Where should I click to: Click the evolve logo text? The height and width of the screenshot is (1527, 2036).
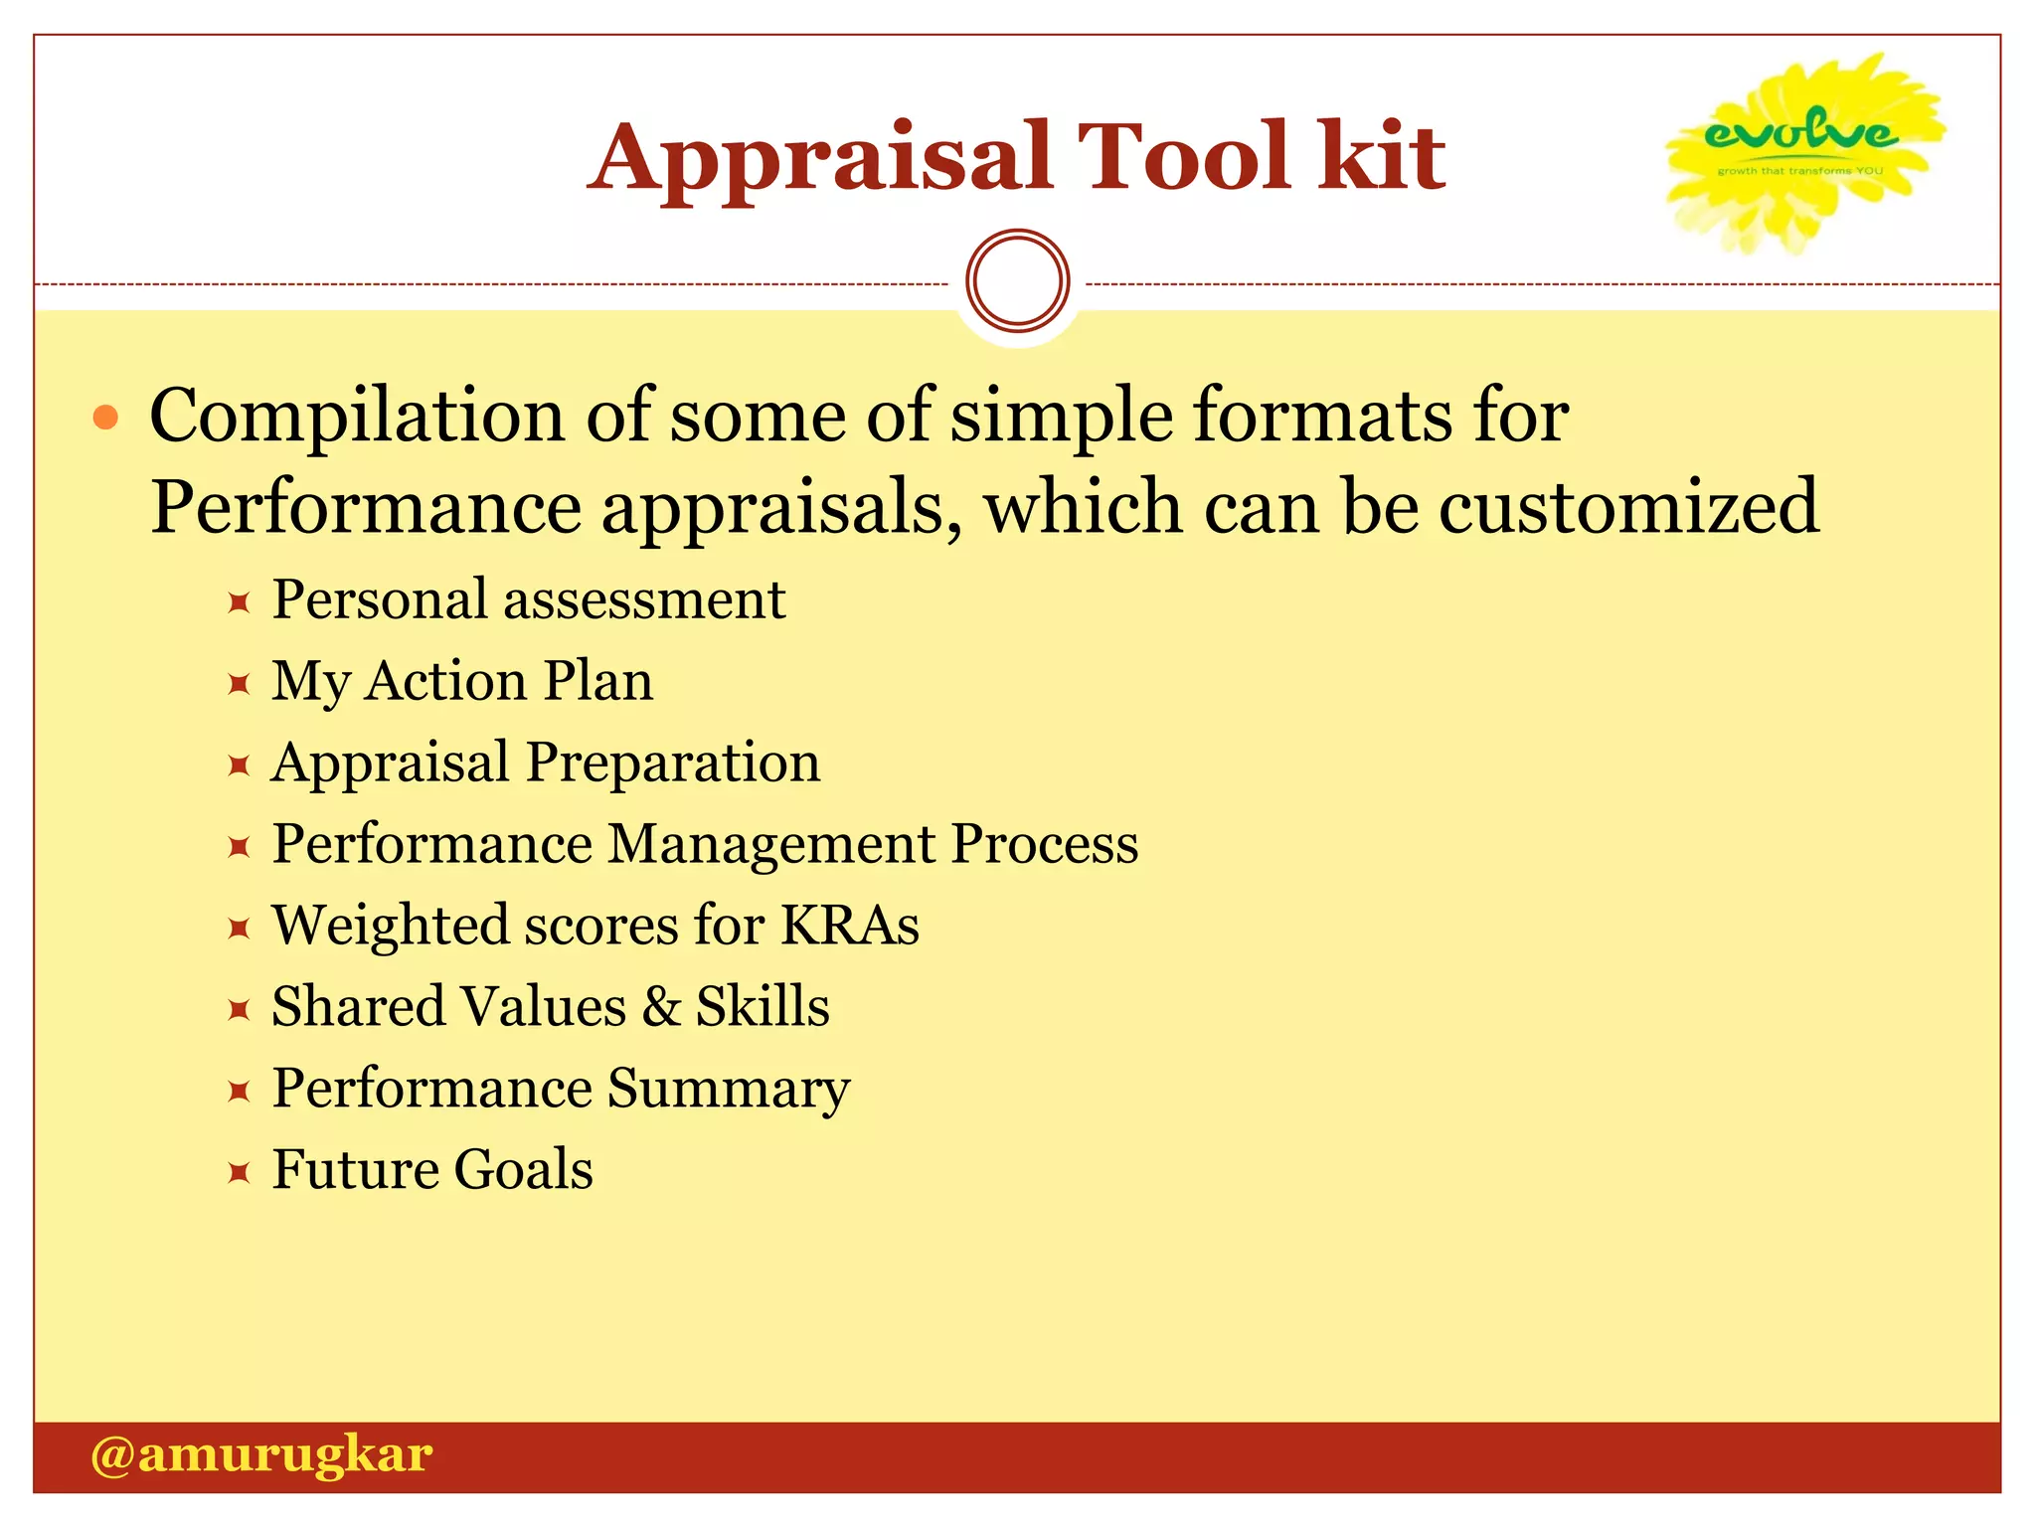tap(1800, 131)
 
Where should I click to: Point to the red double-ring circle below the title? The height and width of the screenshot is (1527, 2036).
tap(1017, 281)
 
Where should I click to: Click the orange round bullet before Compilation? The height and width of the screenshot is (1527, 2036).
tap(105, 418)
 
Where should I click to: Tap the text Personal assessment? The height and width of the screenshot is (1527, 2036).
tap(529, 600)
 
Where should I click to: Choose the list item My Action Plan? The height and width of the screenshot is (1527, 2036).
tap(462, 682)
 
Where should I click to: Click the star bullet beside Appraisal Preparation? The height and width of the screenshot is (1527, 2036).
tap(239, 765)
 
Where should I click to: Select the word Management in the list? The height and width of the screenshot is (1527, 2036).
tap(771, 844)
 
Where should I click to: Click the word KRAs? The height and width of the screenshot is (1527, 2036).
tap(850, 926)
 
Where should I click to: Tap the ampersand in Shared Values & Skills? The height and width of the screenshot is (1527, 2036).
tap(661, 1007)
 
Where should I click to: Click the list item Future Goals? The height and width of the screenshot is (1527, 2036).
tap(432, 1170)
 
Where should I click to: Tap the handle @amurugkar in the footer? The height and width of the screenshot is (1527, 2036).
tap(261, 1455)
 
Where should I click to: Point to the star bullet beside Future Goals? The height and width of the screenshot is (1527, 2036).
tap(239, 1173)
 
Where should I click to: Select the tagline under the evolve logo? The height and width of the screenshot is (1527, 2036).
tap(1799, 171)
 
